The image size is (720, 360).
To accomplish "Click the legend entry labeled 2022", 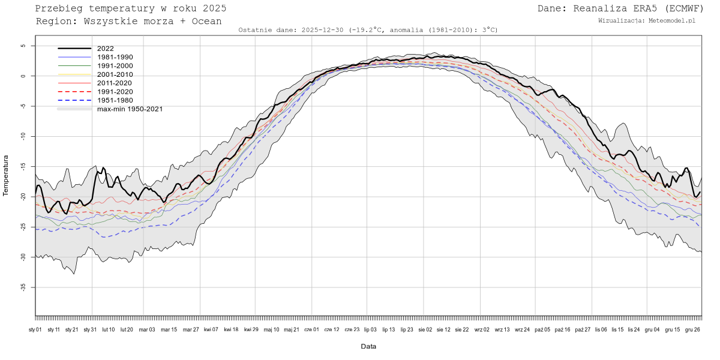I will pos(105,49).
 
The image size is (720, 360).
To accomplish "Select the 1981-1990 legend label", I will pos(115,57).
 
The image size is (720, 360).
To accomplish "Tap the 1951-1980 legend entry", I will pos(115,100).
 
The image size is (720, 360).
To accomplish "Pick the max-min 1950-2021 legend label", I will pos(130,109).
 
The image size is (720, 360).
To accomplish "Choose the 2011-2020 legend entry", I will pos(115,83).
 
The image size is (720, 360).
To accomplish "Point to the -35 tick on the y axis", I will pos(23,287).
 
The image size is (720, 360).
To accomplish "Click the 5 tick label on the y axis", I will pos(23,46).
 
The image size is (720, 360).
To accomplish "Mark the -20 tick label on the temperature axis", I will pos(23,197).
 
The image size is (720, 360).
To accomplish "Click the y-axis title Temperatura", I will pos(7,175).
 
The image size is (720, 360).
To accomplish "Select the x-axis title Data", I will pos(368,346).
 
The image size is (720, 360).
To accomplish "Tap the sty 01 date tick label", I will pos(35,329).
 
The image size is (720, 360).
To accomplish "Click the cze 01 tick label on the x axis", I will pos(311,329).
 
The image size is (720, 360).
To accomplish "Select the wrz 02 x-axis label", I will pos(482,329).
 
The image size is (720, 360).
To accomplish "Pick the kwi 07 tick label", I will pos(211,329).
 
